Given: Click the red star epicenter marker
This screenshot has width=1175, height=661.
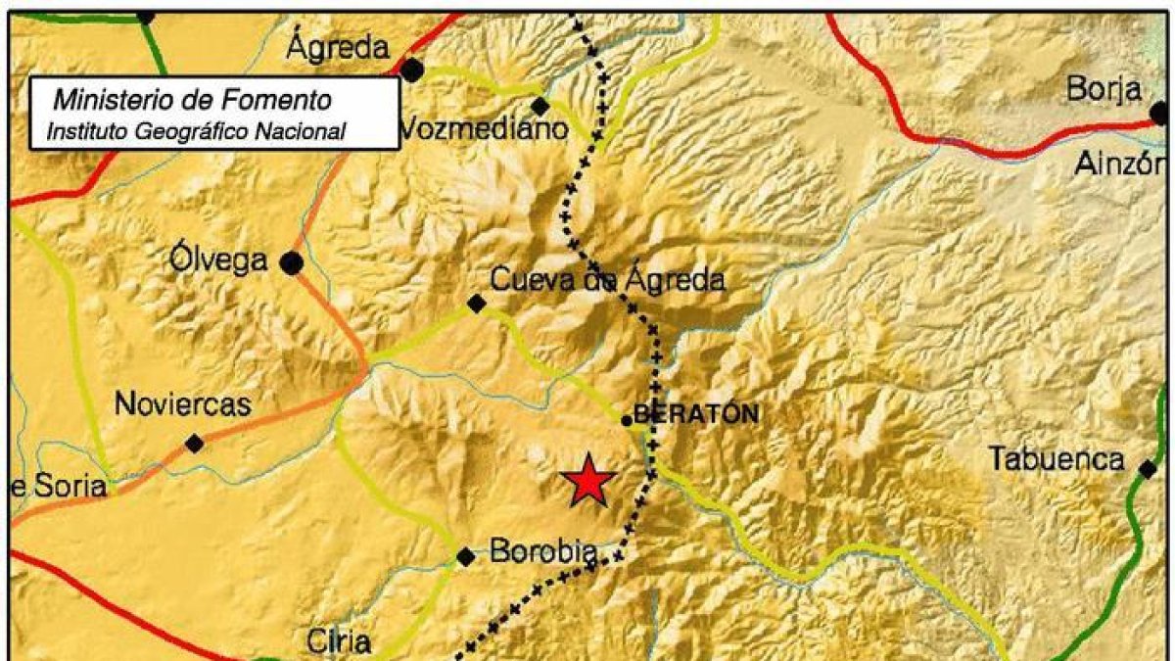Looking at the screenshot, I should tap(587, 481).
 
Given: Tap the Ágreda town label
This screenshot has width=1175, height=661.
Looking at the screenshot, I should tap(339, 45).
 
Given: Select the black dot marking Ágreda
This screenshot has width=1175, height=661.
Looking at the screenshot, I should tap(412, 70).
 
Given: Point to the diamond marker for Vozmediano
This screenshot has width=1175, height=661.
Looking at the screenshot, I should tap(540, 106).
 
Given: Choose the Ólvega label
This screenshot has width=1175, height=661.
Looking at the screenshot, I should tap(217, 260).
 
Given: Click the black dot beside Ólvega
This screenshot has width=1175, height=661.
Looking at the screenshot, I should tap(291, 262).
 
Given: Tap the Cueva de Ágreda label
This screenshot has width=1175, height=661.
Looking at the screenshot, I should tap(607, 281).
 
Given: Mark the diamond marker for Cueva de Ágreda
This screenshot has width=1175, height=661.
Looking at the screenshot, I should tap(476, 305).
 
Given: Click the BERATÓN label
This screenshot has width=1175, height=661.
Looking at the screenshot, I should tap(696, 414).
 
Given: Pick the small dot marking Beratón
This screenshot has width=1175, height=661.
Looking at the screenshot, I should tap(627, 421).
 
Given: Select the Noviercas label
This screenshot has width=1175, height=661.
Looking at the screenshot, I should tap(183, 403).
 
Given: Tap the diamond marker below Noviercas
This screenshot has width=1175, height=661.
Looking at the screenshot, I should tap(195, 444).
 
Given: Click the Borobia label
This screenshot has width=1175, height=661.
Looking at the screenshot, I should tap(543, 552).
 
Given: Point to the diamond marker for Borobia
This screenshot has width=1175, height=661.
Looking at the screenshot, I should tap(466, 557).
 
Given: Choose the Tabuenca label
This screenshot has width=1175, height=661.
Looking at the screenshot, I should tap(1056, 458).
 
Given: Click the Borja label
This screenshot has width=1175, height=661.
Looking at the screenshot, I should tap(1104, 90).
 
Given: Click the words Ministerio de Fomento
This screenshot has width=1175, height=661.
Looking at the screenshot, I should tap(192, 100).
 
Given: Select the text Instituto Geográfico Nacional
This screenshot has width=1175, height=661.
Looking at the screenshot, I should tap(197, 130).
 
